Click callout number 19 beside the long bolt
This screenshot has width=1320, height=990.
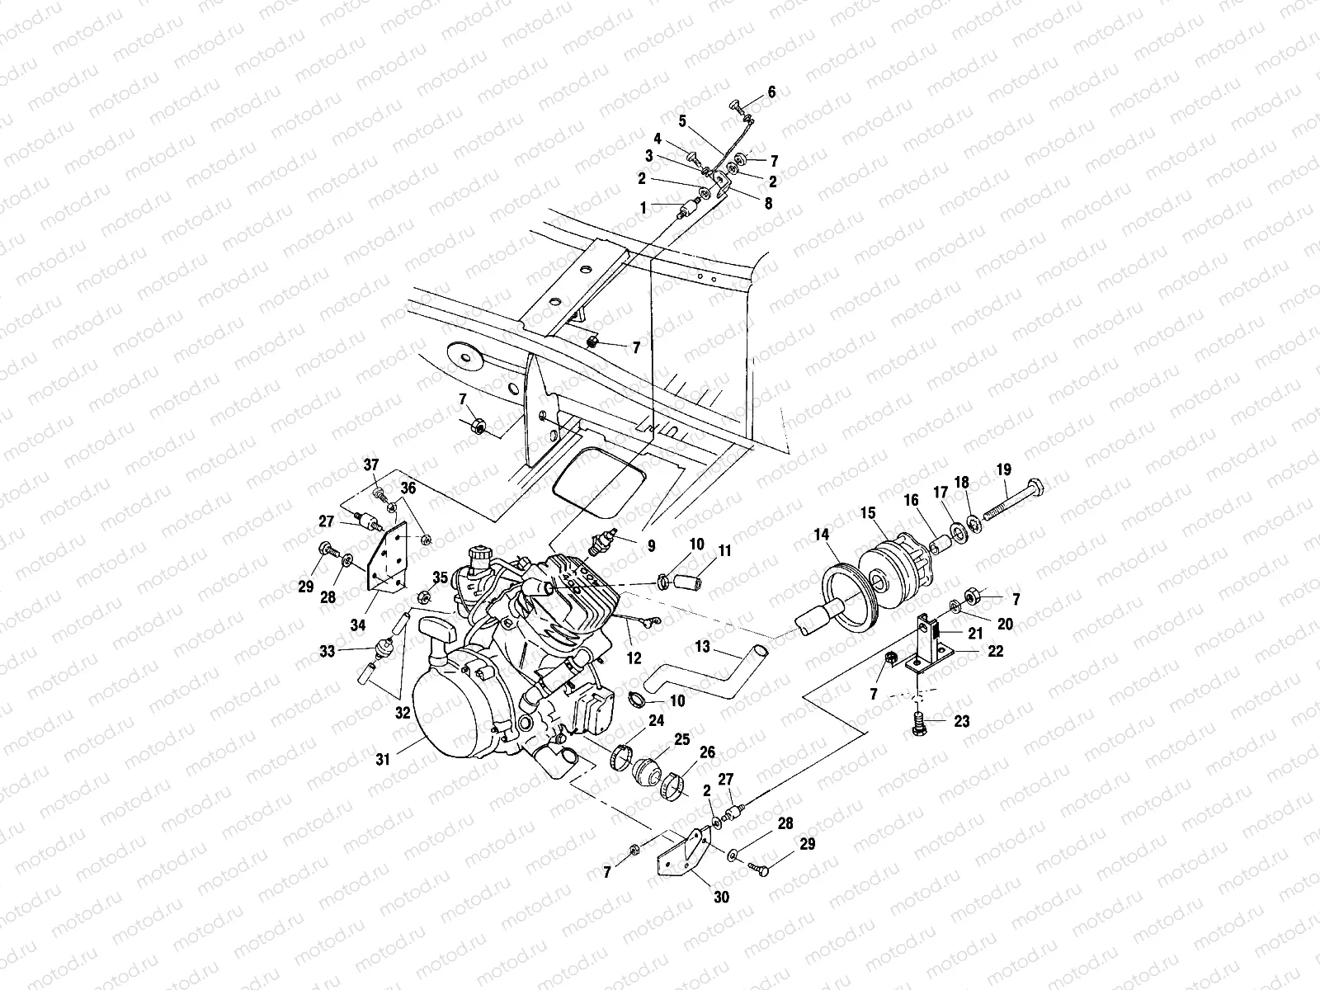[1003, 469]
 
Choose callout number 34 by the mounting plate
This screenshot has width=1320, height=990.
[357, 625]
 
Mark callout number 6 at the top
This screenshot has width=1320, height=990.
[771, 92]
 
